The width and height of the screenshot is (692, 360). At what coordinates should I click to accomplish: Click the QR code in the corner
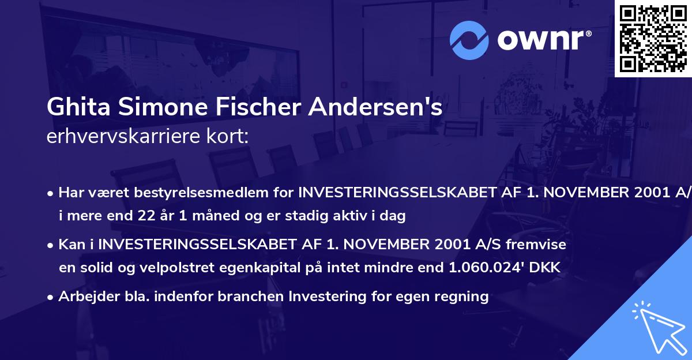tap(653, 38)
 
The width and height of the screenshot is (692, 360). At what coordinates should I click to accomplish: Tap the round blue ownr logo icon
tap(469, 40)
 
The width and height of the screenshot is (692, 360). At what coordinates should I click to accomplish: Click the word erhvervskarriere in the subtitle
tap(116, 137)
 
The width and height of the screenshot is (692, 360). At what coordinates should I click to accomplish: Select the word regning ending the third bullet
tap(462, 297)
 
